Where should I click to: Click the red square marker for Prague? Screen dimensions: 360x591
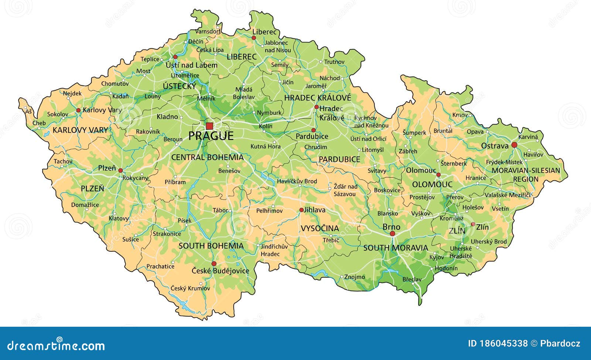click(x=209, y=126)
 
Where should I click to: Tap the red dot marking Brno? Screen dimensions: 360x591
click(x=392, y=234)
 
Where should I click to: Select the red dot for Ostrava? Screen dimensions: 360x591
click(x=514, y=145)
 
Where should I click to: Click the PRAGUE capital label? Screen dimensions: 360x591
click(x=211, y=136)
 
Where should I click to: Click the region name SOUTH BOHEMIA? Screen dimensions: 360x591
click(x=211, y=246)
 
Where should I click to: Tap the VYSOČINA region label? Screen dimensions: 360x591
click(x=320, y=228)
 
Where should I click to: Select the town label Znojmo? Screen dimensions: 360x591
click(x=355, y=277)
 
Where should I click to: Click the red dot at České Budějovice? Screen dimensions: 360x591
click(x=214, y=264)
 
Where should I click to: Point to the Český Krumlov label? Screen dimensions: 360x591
click(x=190, y=288)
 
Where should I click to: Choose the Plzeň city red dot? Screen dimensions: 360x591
click(x=120, y=170)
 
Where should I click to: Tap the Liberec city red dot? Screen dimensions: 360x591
click(x=254, y=38)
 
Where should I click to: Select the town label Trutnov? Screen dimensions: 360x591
click(x=334, y=62)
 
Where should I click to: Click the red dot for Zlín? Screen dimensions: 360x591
click(x=473, y=224)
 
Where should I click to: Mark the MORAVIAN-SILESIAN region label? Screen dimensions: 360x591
click(x=526, y=170)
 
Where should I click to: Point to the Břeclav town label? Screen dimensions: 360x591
click(x=412, y=279)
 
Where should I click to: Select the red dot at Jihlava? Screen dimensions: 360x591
click(x=301, y=210)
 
